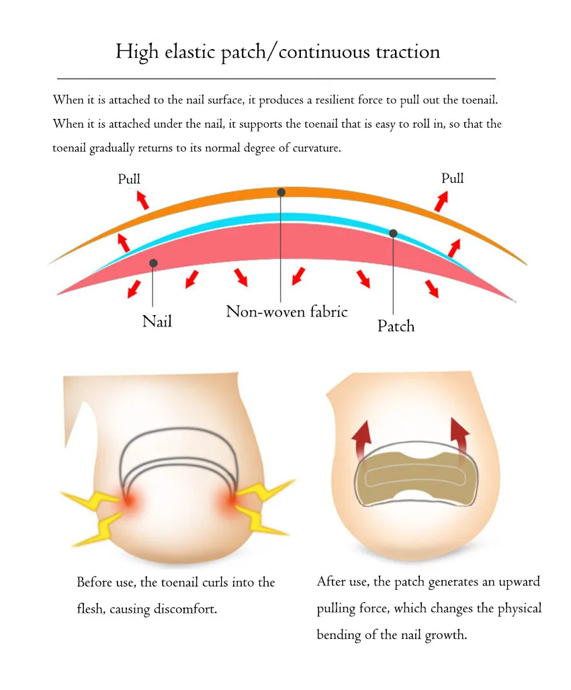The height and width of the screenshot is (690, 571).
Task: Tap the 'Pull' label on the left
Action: coord(129,179)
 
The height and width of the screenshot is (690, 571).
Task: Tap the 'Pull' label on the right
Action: coord(452,178)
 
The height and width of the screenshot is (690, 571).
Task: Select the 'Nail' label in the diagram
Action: coord(157,322)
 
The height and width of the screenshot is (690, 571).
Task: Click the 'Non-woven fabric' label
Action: coord(286,312)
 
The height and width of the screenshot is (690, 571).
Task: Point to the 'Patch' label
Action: coord(396,327)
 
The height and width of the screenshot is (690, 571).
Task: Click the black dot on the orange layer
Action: coord(281,192)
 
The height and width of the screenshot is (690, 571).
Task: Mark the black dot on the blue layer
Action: coord(393,233)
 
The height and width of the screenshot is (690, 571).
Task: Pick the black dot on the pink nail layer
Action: coord(154,263)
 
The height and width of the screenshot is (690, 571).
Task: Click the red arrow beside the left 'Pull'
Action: coord(142,200)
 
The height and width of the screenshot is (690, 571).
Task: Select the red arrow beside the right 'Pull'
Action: coord(441,200)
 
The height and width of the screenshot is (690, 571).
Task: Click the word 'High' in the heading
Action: coord(134,52)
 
